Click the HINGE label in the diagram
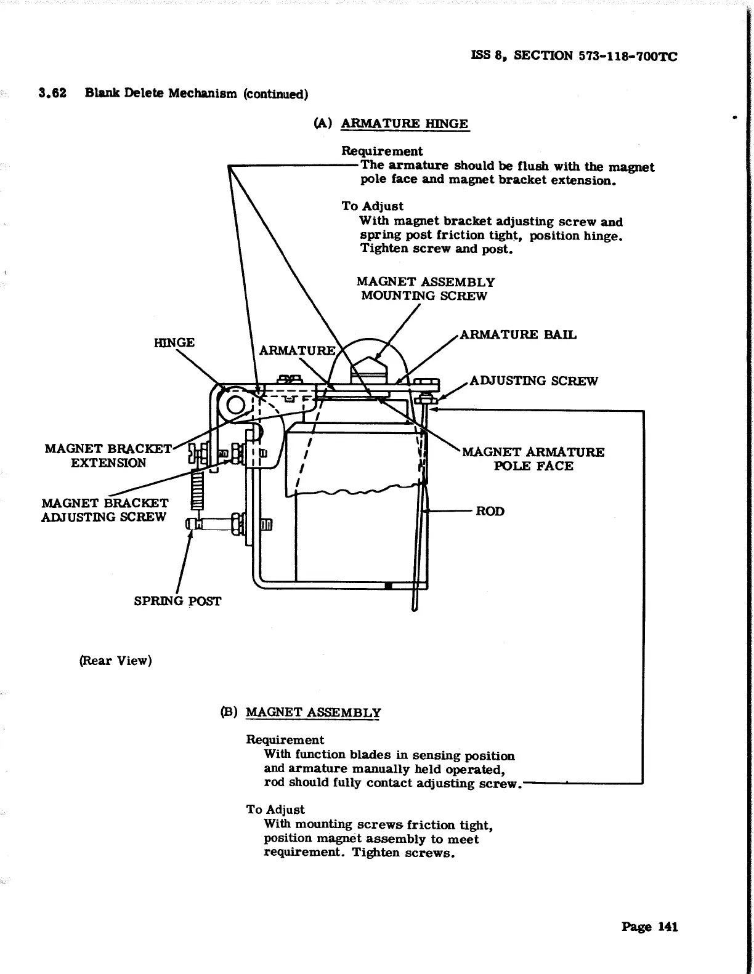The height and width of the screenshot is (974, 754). pos(174,342)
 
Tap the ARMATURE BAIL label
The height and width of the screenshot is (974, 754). pos(518,335)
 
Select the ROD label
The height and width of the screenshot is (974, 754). pos(490,511)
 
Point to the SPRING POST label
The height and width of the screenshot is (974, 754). pos(177,601)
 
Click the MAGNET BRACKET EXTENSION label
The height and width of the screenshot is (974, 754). pos(108,456)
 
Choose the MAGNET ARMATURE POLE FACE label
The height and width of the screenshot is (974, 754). pos(533,459)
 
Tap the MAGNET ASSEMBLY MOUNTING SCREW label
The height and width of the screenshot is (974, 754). pos(425,289)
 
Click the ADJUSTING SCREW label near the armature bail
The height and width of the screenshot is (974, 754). pos(533,380)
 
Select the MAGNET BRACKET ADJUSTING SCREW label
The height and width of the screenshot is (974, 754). pos(104,510)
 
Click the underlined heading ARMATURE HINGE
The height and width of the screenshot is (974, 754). pos(404,123)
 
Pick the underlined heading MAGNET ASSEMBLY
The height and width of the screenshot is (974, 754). pos(313,712)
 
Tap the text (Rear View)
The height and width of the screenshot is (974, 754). pos(115,661)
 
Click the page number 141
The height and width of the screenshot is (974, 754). pos(668,927)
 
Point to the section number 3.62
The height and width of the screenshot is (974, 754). pos(52,93)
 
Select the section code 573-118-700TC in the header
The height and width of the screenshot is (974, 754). pos(628,56)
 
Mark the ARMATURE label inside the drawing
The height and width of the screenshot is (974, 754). pos(297,351)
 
